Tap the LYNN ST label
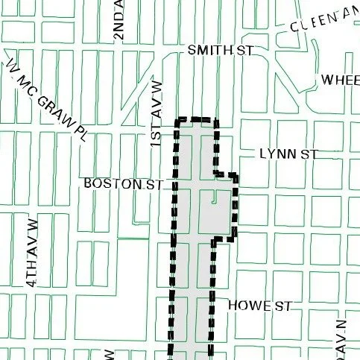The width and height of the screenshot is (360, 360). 288,154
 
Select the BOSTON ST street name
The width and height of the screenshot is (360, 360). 123,183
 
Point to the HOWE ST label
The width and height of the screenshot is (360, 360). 258,306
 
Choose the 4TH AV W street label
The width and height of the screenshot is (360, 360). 31,253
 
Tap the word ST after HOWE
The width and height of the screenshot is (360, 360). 280,306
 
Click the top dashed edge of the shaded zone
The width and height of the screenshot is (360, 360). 195,119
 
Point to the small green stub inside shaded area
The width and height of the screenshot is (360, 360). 215,198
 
